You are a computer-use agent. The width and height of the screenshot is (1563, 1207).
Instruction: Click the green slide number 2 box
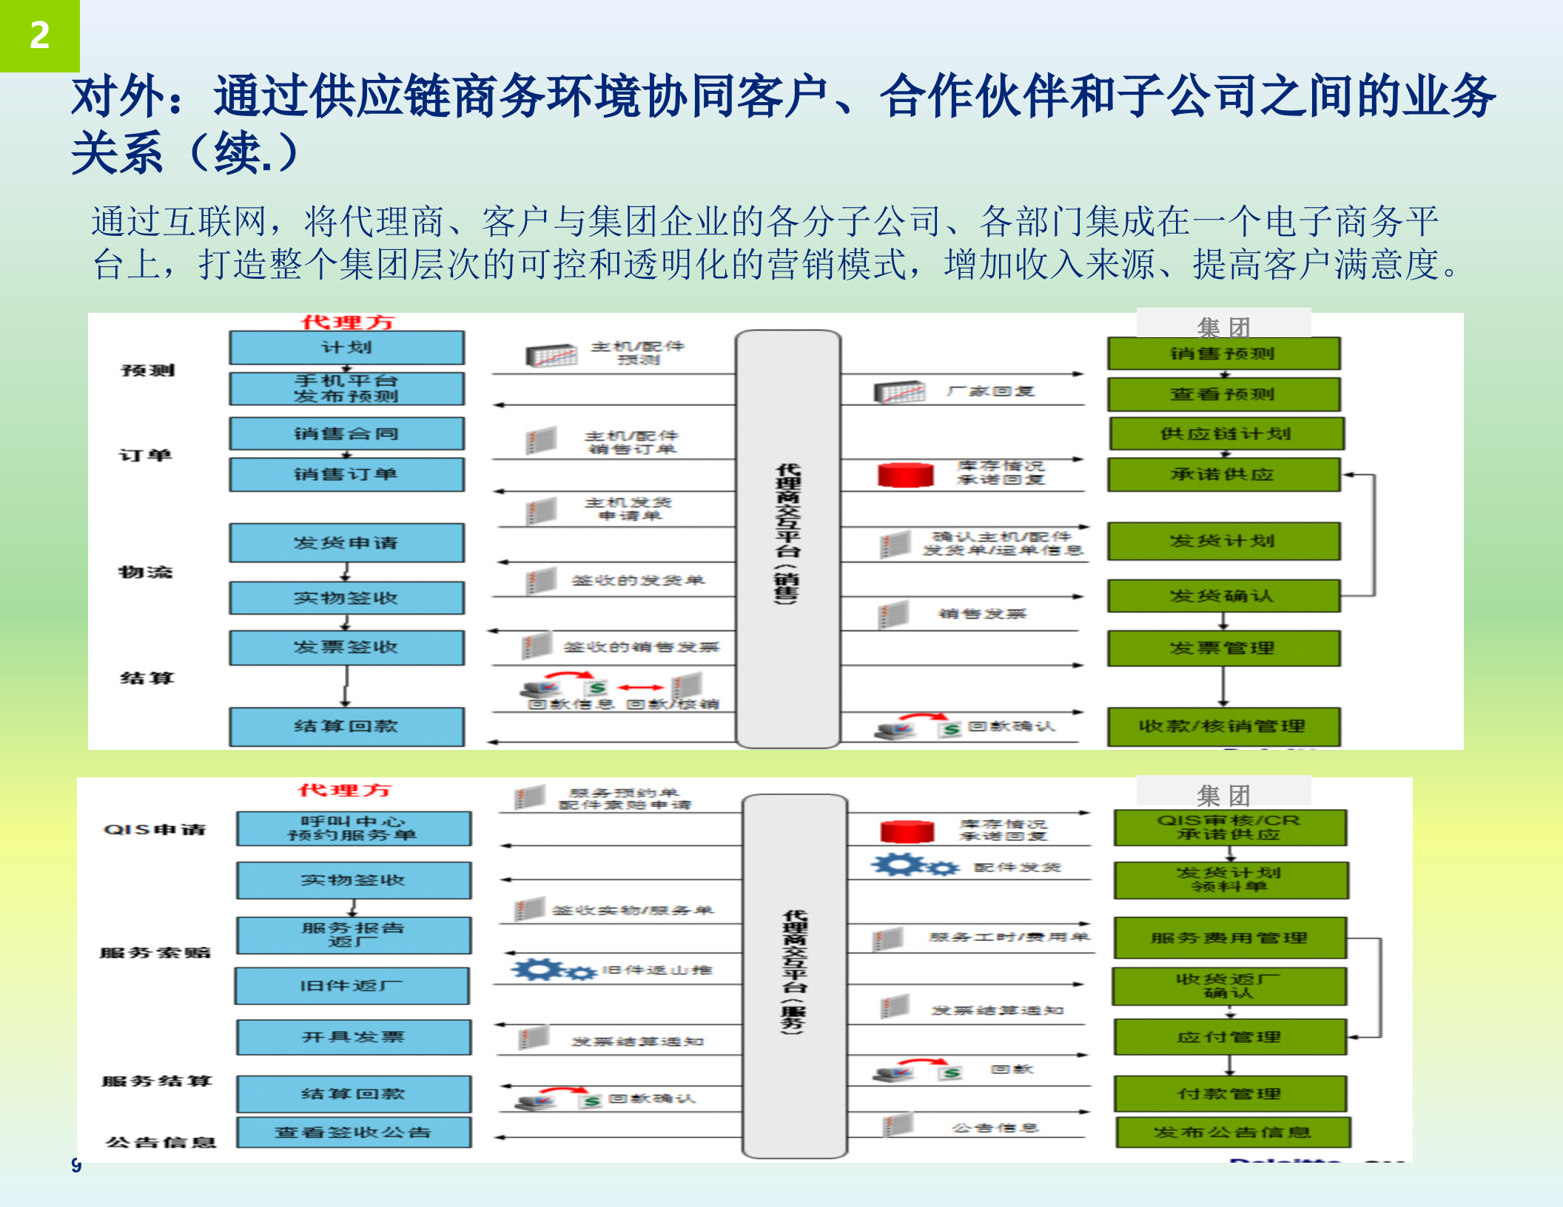click(x=39, y=35)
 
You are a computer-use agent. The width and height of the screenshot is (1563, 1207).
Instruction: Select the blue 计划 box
click(x=346, y=348)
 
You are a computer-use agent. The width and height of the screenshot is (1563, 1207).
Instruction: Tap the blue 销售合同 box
click(x=346, y=434)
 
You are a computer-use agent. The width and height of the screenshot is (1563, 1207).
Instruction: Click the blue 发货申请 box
click(x=346, y=543)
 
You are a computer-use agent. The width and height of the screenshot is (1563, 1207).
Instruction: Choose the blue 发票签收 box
click(x=346, y=648)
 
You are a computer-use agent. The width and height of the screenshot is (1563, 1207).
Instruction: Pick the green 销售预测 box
click(x=1223, y=354)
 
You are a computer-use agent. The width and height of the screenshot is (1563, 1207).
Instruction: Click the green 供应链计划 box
click(x=1226, y=434)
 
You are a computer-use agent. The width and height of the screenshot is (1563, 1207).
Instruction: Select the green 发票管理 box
click(x=1223, y=649)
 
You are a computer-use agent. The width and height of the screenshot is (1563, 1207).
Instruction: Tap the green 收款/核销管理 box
click(x=1223, y=726)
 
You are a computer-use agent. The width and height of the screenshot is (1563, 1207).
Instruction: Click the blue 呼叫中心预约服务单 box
click(x=353, y=828)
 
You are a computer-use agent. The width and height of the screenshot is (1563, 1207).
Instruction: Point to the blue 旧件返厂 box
click(x=352, y=986)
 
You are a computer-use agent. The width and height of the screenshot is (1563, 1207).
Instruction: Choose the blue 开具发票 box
click(x=353, y=1037)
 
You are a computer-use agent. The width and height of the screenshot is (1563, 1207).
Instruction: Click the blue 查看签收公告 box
click(x=353, y=1132)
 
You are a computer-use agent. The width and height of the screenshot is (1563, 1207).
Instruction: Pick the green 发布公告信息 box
click(x=1232, y=1132)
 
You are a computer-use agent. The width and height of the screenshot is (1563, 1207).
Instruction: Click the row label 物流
click(x=146, y=572)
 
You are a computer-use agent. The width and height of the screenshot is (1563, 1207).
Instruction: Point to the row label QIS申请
click(x=155, y=829)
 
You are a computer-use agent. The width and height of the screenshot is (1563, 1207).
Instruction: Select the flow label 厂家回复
click(x=990, y=391)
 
